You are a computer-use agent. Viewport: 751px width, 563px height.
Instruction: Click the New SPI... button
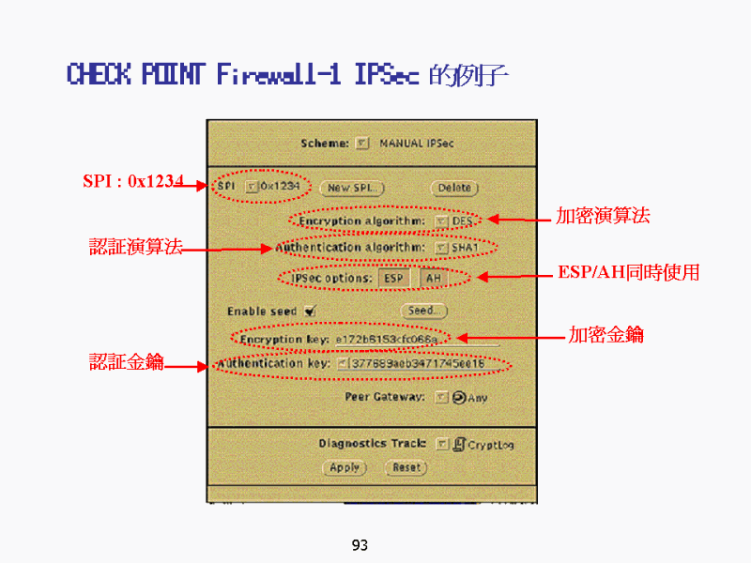(x=352, y=188)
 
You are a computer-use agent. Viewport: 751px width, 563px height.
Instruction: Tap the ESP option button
(x=393, y=279)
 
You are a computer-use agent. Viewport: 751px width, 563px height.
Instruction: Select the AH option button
(x=432, y=279)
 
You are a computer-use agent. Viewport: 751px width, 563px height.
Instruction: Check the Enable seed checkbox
(x=309, y=312)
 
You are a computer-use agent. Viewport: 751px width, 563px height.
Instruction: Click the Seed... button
(x=424, y=311)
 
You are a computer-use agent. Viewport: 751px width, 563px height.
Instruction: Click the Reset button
(x=406, y=467)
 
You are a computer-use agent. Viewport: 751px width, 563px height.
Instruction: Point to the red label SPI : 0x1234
(x=132, y=181)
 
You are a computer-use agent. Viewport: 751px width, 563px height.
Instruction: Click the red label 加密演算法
(x=603, y=216)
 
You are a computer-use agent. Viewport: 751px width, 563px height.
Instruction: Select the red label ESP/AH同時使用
(x=628, y=273)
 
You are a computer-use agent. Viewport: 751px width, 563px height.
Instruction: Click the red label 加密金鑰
(x=605, y=334)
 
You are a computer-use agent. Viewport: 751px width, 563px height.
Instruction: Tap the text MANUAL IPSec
(x=416, y=144)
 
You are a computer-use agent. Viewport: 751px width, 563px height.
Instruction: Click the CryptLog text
(x=491, y=445)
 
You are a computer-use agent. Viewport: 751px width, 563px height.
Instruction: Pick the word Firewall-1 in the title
(x=278, y=74)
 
